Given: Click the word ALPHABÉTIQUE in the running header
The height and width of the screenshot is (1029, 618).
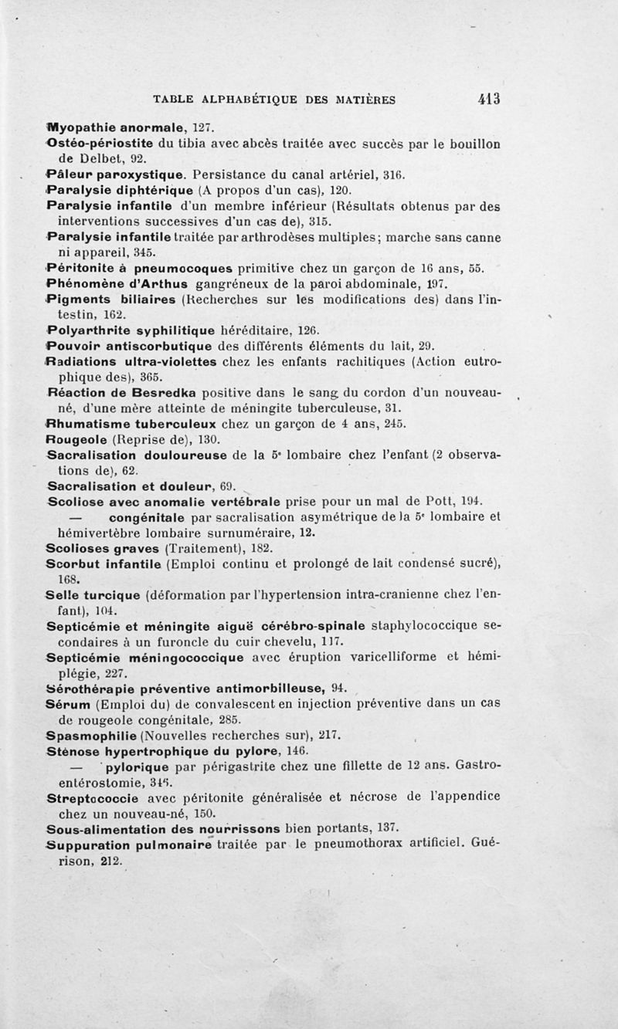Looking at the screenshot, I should click(248, 99).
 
